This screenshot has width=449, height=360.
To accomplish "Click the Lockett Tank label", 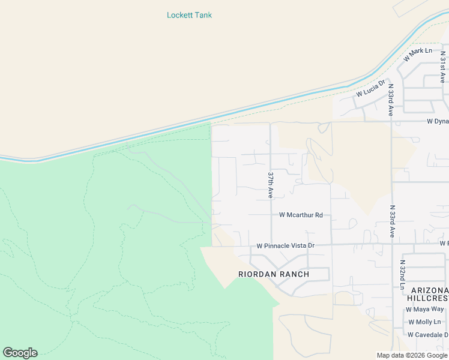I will click(189, 15).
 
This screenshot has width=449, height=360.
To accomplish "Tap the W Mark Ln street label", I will click(418, 54).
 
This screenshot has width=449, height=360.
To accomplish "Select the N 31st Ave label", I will click(442, 67).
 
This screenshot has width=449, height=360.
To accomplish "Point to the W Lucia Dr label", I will click(370, 89).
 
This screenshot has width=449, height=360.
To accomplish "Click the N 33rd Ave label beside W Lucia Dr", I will click(390, 100).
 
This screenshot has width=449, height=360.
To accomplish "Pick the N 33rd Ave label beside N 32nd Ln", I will click(392, 222).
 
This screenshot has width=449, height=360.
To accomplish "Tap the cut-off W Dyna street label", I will click(438, 121).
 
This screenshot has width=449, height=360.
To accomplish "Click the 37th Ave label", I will click(271, 185).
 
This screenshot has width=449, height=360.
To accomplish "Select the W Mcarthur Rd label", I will click(301, 215).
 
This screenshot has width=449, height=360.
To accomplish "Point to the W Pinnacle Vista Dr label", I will click(286, 246).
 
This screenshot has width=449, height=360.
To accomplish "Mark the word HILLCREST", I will click(427, 298).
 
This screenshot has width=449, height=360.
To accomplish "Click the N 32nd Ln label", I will click(403, 275).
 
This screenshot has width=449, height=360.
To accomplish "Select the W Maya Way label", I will click(424, 310).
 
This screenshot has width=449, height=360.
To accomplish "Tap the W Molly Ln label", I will click(424, 322).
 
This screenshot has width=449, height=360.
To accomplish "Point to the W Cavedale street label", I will click(427, 335).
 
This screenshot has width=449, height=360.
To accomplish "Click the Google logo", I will click(20, 353).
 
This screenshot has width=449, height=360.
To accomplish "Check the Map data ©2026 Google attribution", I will click(412, 355).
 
